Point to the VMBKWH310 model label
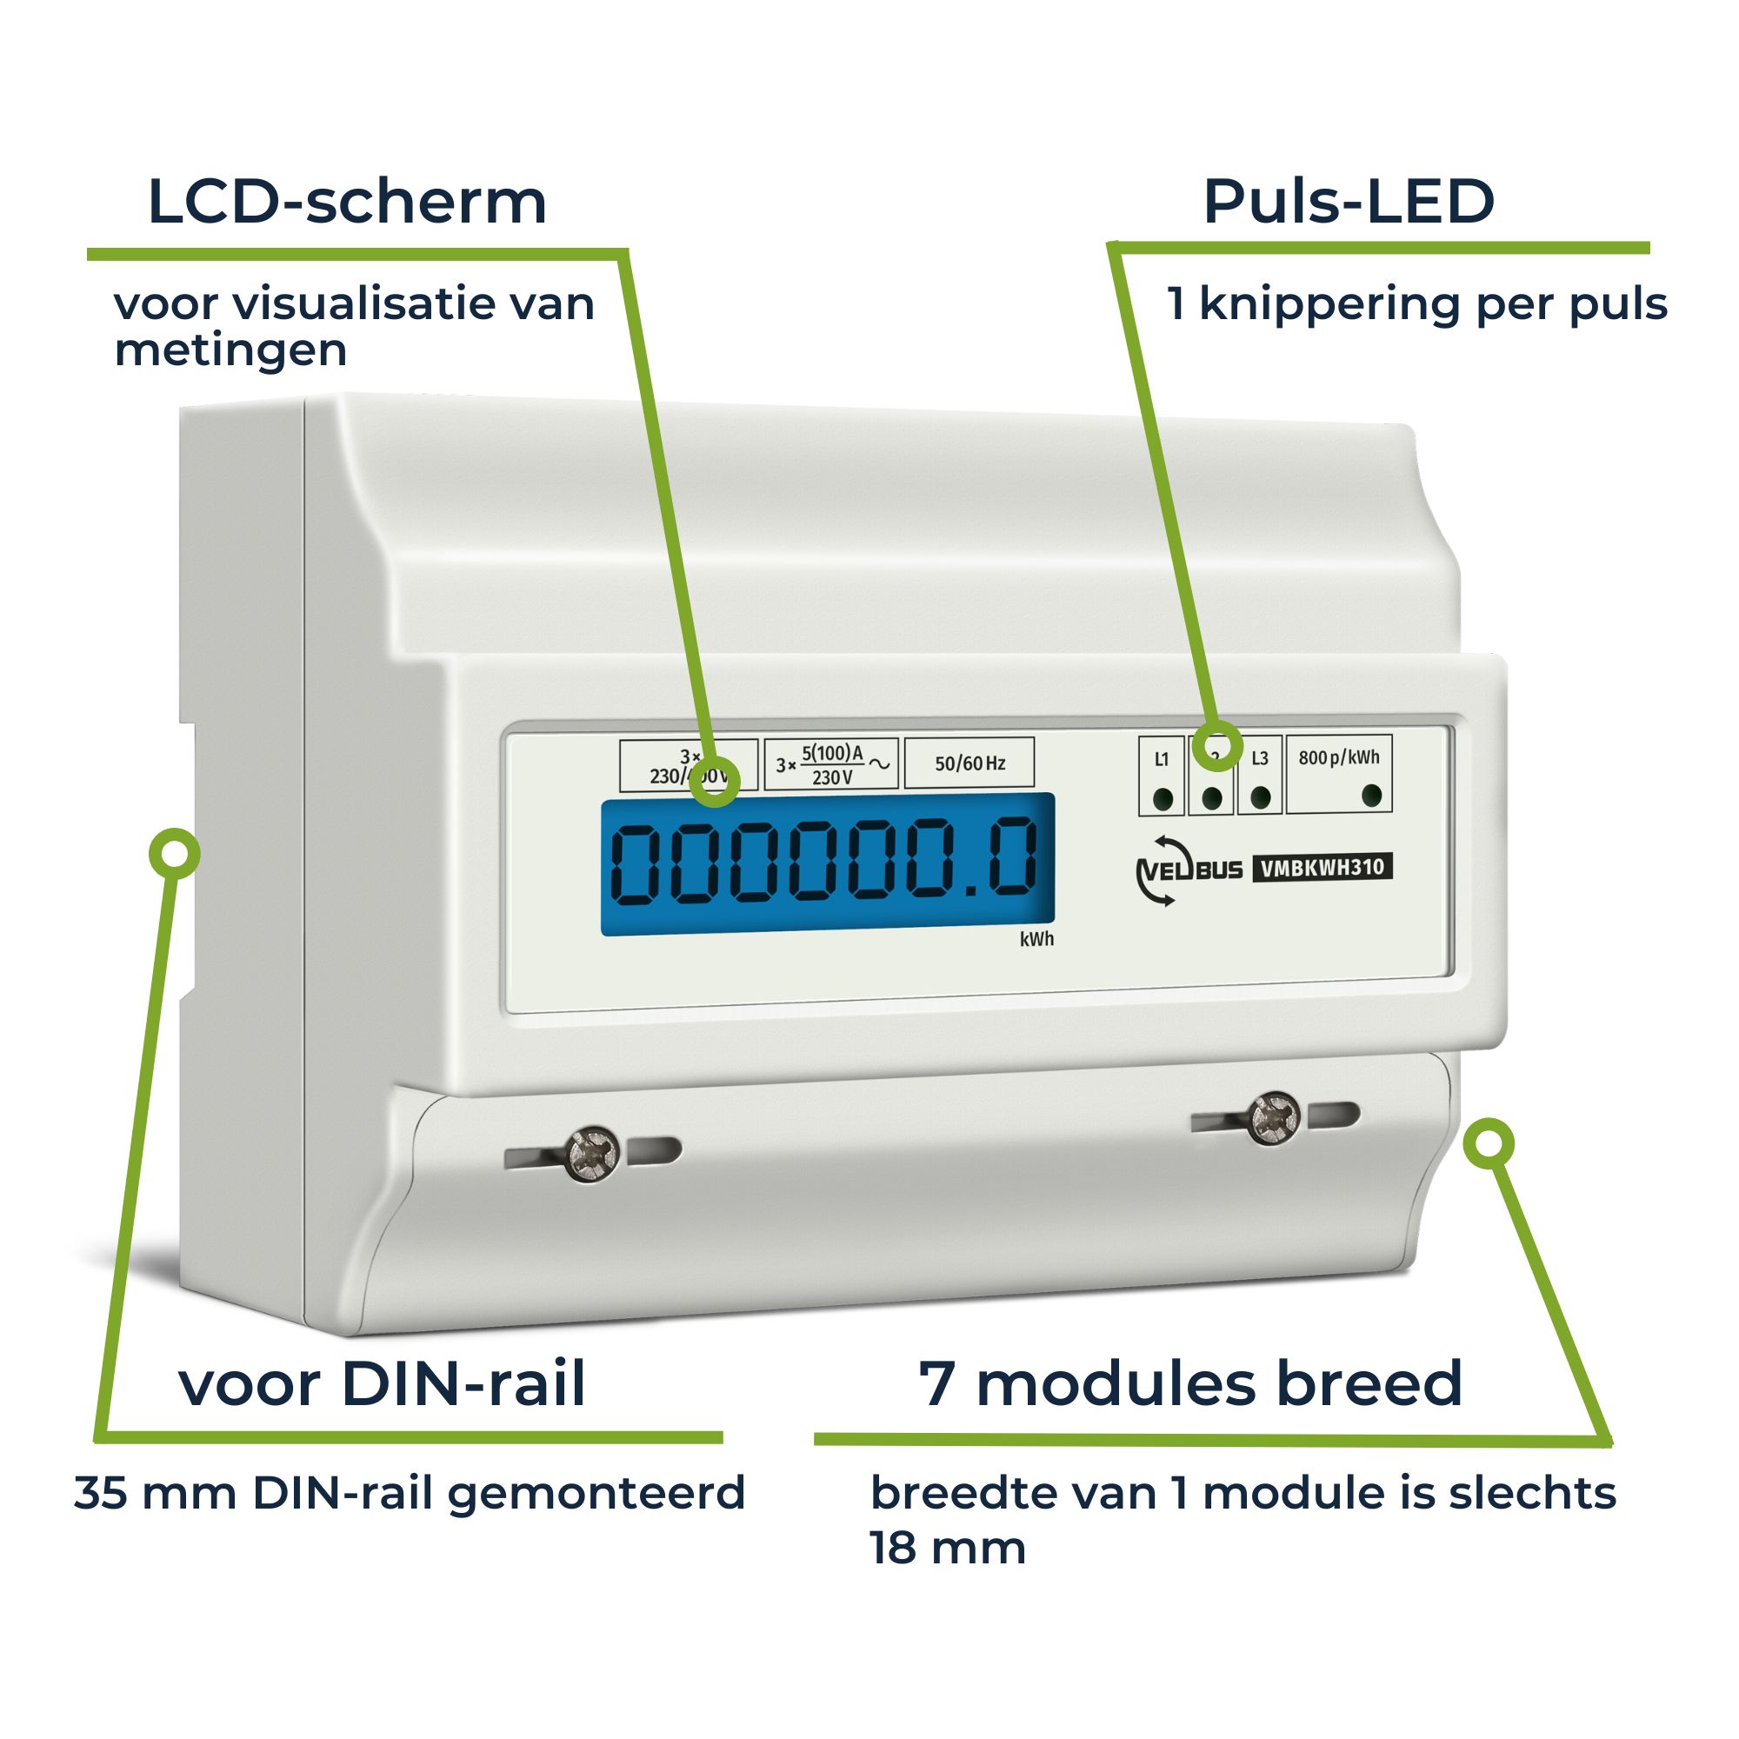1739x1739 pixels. [x=1323, y=868]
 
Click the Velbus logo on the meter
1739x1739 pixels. [x=1188, y=869]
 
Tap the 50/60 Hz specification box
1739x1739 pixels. [x=969, y=763]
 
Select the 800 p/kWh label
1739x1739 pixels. [x=1338, y=757]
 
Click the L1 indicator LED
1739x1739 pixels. [x=1162, y=798]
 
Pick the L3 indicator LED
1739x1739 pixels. [x=1260, y=797]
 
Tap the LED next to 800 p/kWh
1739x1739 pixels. [x=1372, y=796]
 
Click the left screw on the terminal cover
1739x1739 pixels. [x=592, y=1153]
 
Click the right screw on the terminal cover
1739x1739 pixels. [x=1273, y=1119]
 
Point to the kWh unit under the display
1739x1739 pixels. [x=1036, y=940]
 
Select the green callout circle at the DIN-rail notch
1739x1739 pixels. [x=175, y=853]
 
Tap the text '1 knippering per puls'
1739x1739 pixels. [x=1416, y=304]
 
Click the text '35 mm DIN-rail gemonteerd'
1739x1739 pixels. [x=410, y=1493]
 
